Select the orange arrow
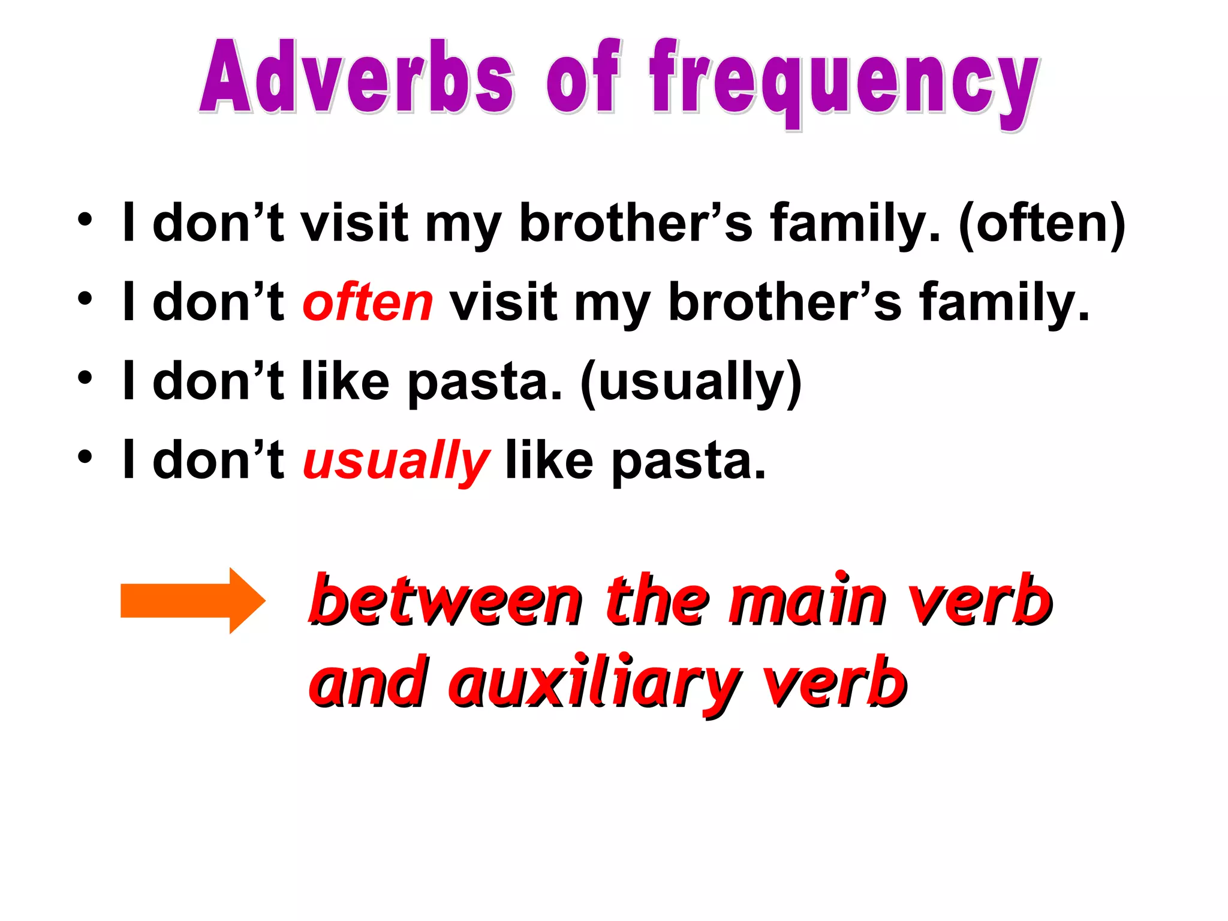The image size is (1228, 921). coord(192,600)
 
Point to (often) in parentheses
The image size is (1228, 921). coord(1042,223)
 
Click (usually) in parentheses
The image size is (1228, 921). coord(691,382)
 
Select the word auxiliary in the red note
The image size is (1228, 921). coord(594,684)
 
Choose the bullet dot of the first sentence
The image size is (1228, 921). coord(85,219)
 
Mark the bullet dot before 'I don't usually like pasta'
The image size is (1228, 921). coord(85,456)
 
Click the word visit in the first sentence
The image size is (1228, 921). coord(354,223)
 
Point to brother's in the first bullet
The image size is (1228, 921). coord(636,223)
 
